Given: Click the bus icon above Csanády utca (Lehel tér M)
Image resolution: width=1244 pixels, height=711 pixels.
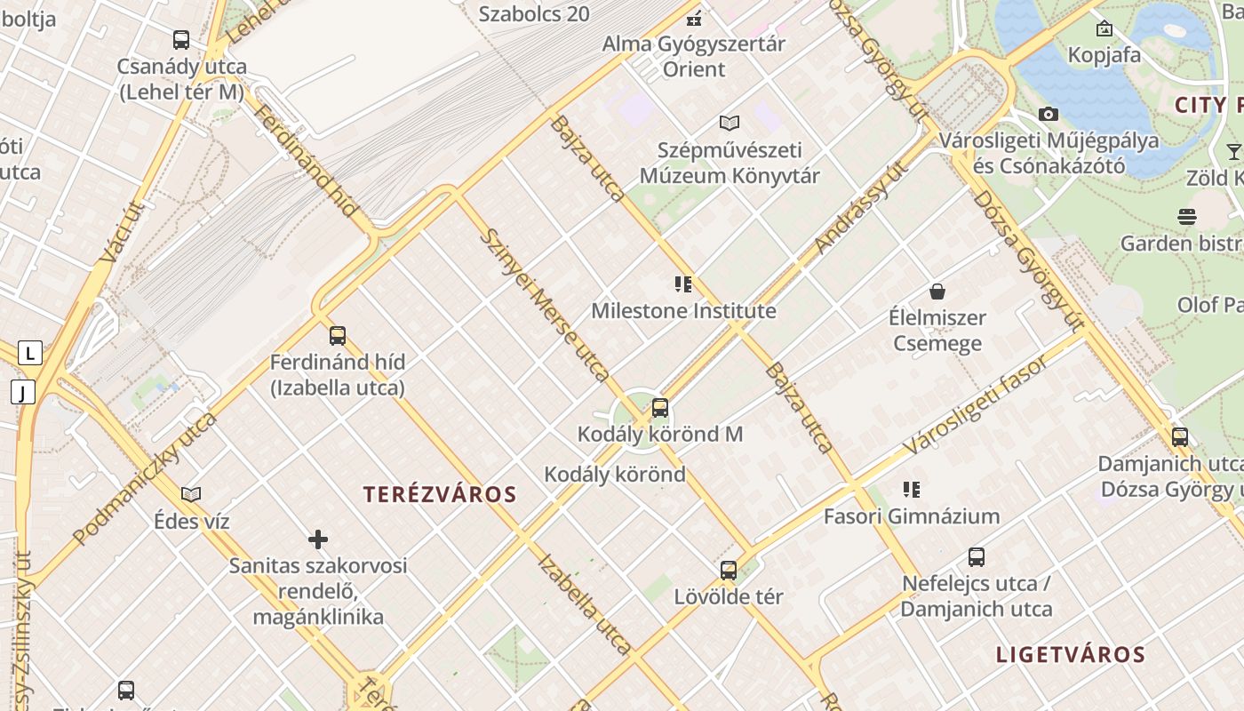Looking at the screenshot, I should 181,40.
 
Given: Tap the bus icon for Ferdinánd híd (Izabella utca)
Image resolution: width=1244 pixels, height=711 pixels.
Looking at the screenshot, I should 338,336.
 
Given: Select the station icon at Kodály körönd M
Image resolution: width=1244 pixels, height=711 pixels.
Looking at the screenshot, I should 660,408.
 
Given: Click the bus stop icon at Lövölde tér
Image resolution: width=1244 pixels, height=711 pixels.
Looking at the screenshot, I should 729,571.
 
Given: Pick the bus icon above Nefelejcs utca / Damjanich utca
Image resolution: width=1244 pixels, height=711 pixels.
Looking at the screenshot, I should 977,557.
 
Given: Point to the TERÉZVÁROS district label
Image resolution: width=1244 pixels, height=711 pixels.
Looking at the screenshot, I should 440,495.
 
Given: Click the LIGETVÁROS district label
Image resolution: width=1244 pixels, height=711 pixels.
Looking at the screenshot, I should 1070,655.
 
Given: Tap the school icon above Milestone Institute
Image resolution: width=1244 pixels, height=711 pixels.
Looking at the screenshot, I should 683,284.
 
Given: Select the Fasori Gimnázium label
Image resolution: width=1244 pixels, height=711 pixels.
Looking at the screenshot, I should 911,516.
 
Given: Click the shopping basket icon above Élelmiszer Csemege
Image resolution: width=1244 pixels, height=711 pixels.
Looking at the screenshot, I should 937,292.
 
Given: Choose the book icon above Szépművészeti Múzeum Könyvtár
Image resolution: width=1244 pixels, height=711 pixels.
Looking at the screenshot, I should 730,123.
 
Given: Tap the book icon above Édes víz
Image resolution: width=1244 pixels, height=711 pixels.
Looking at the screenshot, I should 191,494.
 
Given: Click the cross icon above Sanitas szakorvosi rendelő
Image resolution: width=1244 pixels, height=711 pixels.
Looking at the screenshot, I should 318,539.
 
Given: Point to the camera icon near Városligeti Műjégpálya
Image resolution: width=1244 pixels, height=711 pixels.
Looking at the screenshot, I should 1049,114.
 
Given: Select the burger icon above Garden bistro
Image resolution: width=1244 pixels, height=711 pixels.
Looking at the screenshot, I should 1186,216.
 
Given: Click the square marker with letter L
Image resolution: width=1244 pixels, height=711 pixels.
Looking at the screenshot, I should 30,353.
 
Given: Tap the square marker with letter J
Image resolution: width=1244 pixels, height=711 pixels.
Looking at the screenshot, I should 22,391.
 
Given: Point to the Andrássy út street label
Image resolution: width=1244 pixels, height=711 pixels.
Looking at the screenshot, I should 861,207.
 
